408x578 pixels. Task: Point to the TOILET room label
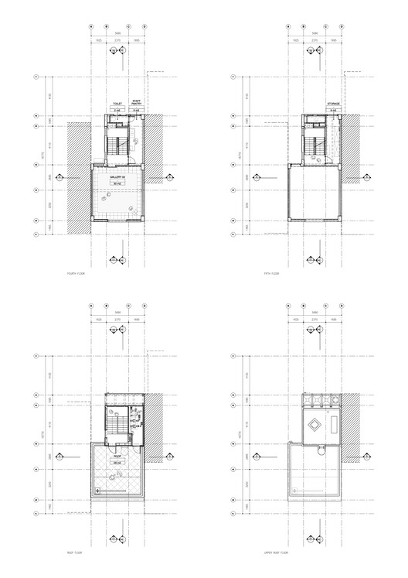117,102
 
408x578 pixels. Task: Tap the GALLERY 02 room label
117,177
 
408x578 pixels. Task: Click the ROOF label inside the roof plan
117,457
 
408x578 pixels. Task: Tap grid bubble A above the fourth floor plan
91,26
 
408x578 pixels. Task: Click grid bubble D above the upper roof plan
341,305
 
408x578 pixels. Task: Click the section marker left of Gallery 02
67,177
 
